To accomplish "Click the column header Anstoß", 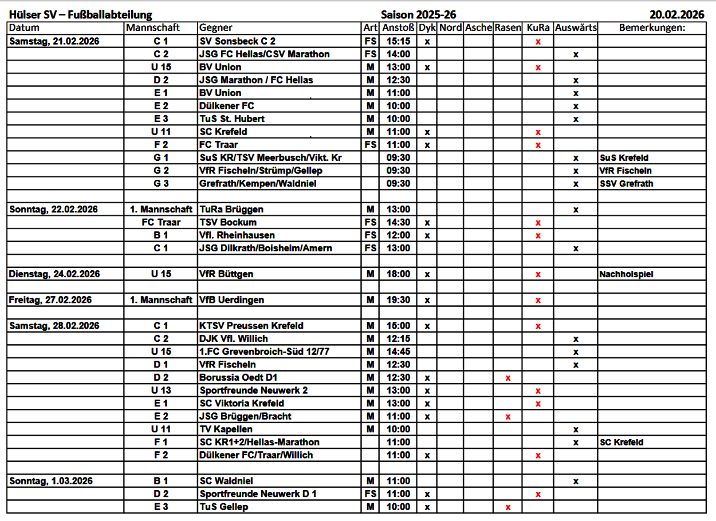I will click(398, 27).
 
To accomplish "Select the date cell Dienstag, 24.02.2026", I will click(54, 274).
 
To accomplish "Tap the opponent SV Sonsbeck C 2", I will click(237, 41).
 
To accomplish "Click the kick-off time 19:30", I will click(398, 300).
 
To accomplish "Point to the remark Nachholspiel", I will click(626, 274).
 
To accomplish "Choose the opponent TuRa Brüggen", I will click(231, 210).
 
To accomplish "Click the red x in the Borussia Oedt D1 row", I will click(508, 378).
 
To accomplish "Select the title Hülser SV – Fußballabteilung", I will click(80, 15).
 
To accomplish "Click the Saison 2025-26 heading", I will click(418, 15).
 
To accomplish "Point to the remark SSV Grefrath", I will click(626, 184).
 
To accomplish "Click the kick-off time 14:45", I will click(398, 352).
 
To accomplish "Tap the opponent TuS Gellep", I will click(224, 507).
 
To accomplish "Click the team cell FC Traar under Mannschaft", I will click(161, 222).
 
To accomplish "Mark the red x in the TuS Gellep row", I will click(508, 507).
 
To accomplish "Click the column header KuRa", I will click(538, 27).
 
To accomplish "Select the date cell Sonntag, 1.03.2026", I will click(51, 481).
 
